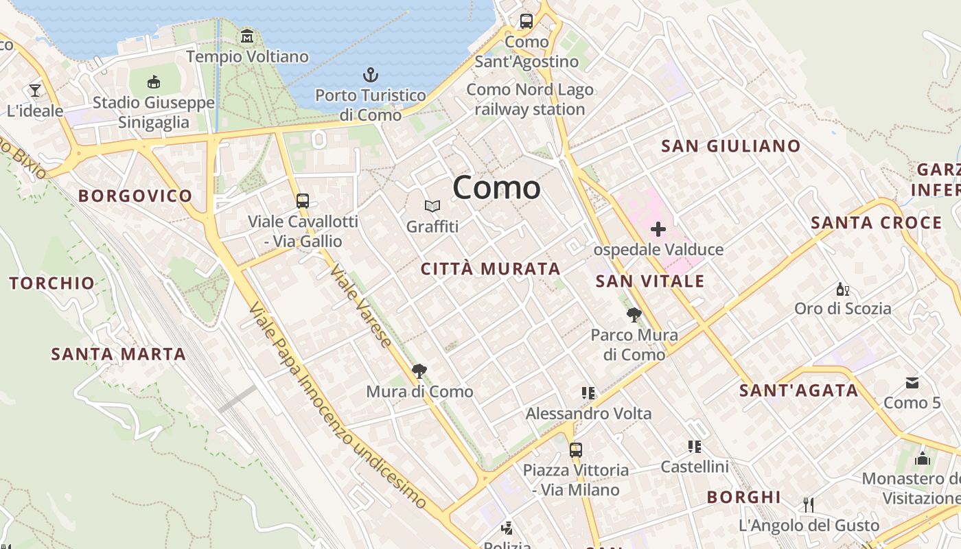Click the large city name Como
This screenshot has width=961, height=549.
point(496,187)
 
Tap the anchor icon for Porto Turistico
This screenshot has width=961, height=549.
point(371,75)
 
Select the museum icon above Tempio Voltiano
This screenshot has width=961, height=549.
point(247,36)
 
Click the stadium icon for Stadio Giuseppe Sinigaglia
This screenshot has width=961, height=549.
point(154,82)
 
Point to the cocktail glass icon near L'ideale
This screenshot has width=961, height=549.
point(35,90)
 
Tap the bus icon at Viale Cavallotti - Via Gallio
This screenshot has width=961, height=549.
point(303,201)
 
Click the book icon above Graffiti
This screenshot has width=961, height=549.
point(432,206)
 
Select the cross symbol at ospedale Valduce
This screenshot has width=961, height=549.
point(658,229)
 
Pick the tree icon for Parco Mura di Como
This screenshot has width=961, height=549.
point(634,315)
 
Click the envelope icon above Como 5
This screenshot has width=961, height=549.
point(912,382)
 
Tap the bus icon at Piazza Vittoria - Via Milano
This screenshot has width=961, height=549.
point(575,450)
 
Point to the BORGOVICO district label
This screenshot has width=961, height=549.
point(135,196)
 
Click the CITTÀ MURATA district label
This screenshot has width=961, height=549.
point(491,269)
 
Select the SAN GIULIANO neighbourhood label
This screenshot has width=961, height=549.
point(730,146)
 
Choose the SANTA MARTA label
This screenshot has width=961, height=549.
point(119,354)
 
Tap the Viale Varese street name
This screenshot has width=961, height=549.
point(361,305)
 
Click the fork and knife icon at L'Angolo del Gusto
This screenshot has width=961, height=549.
point(809,505)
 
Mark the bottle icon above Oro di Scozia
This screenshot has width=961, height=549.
point(842,289)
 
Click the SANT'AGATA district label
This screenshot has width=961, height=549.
point(798,391)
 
